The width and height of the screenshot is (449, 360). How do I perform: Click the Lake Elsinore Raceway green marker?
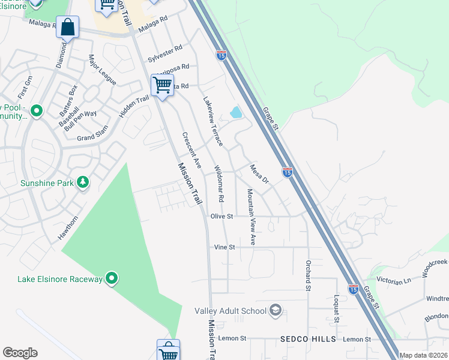[112, 278]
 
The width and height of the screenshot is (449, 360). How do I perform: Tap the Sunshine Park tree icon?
[83, 181]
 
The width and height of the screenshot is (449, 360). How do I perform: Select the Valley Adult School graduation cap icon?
[276, 310]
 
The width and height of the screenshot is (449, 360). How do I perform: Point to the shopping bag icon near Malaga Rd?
[68, 28]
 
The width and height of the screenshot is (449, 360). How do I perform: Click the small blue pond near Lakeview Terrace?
[236, 112]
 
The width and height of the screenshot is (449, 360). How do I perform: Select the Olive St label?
[221, 216]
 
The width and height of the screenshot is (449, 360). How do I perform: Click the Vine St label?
[223, 247]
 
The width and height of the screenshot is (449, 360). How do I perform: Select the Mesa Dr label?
[258, 173]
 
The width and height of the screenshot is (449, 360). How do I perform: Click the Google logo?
[20, 353]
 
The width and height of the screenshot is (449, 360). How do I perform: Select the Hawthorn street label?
[68, 226]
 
